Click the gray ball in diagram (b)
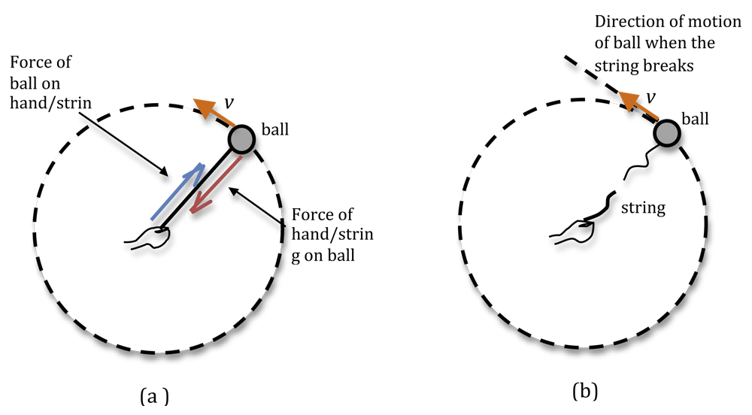668,134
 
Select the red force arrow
216,185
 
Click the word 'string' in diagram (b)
643,208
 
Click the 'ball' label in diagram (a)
274,129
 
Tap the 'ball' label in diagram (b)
699,119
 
